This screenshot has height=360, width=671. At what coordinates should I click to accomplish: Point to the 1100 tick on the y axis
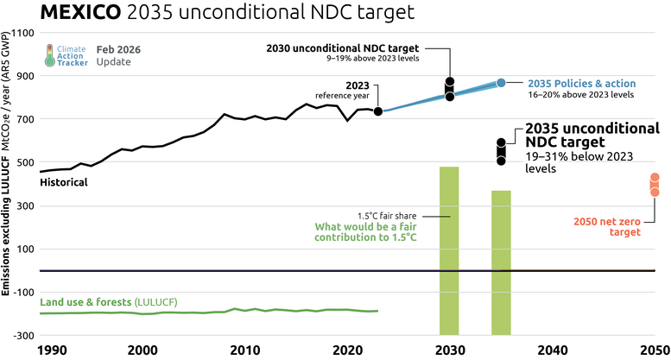coord(22,33)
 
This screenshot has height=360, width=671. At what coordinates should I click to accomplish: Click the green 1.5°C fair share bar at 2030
coord(449,250)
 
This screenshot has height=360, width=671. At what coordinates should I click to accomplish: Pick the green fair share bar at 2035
coord(502,262)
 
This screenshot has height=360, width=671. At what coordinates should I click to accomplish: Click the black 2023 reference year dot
coord(378,111)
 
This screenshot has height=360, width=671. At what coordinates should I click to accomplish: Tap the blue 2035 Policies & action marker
coord(501,83)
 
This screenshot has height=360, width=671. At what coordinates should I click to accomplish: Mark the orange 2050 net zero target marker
coord(655,184)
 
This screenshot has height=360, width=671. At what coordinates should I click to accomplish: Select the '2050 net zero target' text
coord(608,226)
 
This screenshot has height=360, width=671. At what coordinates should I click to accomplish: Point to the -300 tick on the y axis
coord(21,335)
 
